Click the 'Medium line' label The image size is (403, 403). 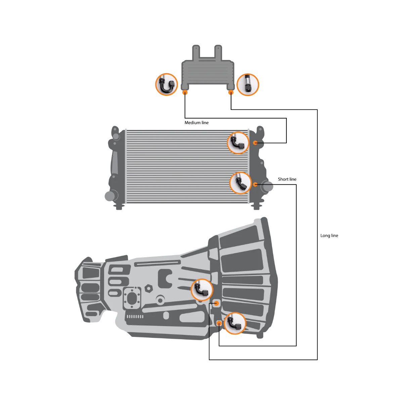tap(196, 123)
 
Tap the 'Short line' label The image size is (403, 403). tap(287, 179)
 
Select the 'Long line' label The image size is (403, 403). tap(329, 236)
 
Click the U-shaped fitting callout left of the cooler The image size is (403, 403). tap(167, 85)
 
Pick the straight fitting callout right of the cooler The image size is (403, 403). tap(248, 85)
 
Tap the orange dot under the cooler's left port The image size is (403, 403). tap(185, 92)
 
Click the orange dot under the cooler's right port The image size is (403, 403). tap(231, 92)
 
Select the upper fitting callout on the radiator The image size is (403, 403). tap(238, 143)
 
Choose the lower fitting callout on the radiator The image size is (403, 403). tap(240, 183)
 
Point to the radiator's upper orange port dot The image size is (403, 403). tap(255, 143)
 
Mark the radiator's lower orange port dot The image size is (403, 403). tap(255, 184)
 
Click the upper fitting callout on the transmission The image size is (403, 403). tap(202, 290)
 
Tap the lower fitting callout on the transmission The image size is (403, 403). tap(235, 323)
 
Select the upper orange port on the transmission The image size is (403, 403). tap(216, 303)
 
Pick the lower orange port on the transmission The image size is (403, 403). tap(219, 323)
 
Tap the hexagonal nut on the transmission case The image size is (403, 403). tap(149, 288)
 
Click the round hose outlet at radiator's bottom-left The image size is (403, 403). tap(110, 196)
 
